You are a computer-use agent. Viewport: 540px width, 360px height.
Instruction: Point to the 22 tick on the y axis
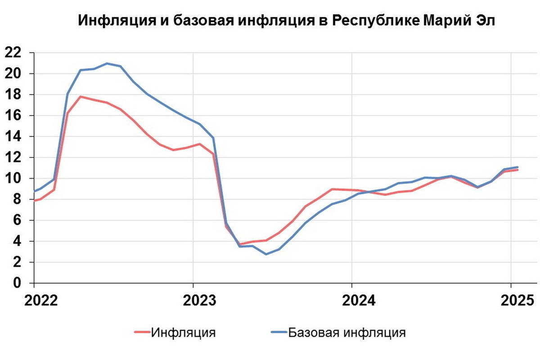pyautogui.click(x=13, y=53)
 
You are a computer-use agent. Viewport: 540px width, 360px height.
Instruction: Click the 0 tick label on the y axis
pyautogui.click(x=18, y=283)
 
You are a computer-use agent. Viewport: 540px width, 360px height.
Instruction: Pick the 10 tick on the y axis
pyautogui.click(x=13, y=179)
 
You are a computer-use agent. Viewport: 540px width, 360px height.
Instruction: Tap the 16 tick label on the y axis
pyautogui.click(x=13, y=116)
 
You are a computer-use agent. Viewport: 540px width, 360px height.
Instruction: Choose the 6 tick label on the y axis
pyautogui.click(x=18, y=220)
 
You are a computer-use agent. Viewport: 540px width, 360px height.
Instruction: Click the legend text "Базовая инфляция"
pyautogui.click(x=347, y=333)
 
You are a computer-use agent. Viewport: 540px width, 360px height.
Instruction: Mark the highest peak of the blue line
pyautogui.click(x=107, y=63)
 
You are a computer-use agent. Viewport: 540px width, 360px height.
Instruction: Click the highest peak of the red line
pyautogui.click(x=80, y=96)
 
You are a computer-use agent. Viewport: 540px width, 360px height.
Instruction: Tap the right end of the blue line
pyautogui.click(x=518, y=167)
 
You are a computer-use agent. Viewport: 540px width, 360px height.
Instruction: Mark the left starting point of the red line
pyautogui.click(x=35, y=201)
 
